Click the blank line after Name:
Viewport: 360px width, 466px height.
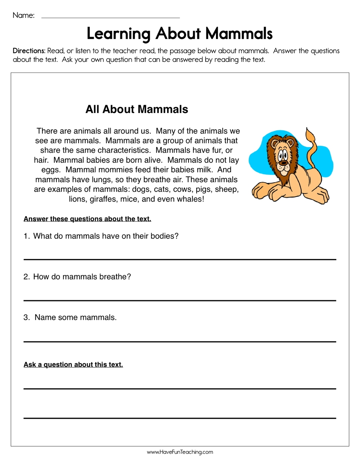pyautogui.click(x=111, y=17)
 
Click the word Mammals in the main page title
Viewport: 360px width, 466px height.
pyautogui.click(x=239, y=34)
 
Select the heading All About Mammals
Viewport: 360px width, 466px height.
pyautogui.click(x=137, y=109)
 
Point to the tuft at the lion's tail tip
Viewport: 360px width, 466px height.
pyautogui.click(x=310, y=136)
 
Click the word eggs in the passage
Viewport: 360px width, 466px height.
pyautogui.click(x=50, y=170)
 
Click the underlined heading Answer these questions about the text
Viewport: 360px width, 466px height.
pyautogui.click(x=87, y=219)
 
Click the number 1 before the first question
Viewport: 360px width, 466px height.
pyautogui.click(x=26, y=236)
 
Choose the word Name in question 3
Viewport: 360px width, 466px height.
pyautogui.click(x=45, y=318)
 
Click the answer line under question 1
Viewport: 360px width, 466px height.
pyautogui.click(x=180, y=259)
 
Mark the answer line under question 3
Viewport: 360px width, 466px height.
pyautogui.click(x=180, y=341)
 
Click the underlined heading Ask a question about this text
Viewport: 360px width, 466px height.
pyautogui.click(x=73, y=365)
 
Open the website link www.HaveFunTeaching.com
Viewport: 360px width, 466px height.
pyautogui.click(x=180, y=452)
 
